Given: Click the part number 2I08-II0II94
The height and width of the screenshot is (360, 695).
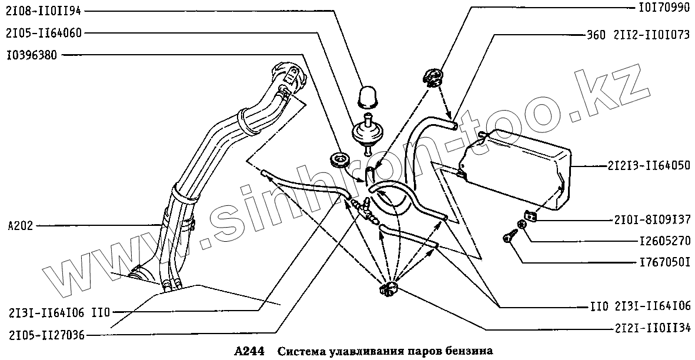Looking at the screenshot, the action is point(45,11).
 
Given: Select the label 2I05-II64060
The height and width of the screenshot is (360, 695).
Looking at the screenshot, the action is point(45,33).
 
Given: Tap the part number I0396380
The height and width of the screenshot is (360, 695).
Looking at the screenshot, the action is point(32,55).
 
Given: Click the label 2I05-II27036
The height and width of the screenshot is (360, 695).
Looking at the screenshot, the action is point(46,335).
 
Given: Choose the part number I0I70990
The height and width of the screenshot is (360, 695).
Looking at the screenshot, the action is point(664,10).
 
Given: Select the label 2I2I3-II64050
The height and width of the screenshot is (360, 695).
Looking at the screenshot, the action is point(649,166).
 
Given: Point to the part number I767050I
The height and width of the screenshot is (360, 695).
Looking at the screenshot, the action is point(663,262).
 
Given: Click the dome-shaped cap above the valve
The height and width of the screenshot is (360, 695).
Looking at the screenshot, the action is point(367,96).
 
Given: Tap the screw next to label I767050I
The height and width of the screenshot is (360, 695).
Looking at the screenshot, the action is point(507,237).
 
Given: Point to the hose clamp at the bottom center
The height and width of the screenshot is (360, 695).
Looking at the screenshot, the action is point(388,288).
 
